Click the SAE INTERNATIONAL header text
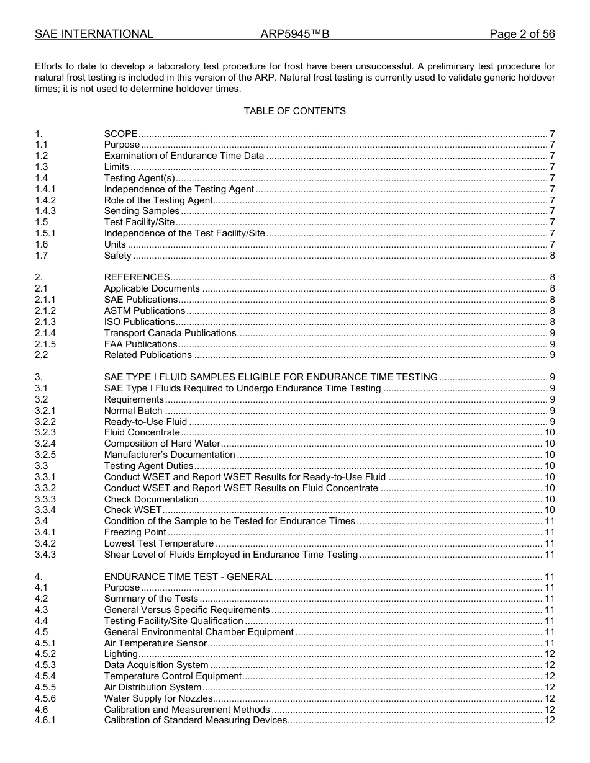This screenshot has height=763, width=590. point(94,34)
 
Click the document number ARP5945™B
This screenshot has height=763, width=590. point(294,34)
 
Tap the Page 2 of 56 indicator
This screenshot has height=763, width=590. point(522,34)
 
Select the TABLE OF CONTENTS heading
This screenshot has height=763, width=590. point(294,111)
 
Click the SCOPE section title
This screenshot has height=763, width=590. point(120,134)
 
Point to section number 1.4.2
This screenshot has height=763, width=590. point(45,200)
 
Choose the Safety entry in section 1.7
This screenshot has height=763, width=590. point(117,256)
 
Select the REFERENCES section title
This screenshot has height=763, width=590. point(137,277)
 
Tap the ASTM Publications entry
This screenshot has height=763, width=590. point(144,311)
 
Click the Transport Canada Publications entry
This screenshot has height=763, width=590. point(170,333)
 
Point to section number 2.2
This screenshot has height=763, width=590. point(41,355)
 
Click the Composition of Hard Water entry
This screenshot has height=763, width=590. point(162,444)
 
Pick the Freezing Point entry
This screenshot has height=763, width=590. point(135,532)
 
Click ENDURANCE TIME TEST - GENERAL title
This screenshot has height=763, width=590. point(188,577)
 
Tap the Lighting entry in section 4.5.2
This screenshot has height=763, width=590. point(120,654)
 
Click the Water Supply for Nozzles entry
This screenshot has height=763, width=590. point(158,698)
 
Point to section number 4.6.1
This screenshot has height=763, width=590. point(45,720)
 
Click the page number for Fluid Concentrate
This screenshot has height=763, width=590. point(550,432)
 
